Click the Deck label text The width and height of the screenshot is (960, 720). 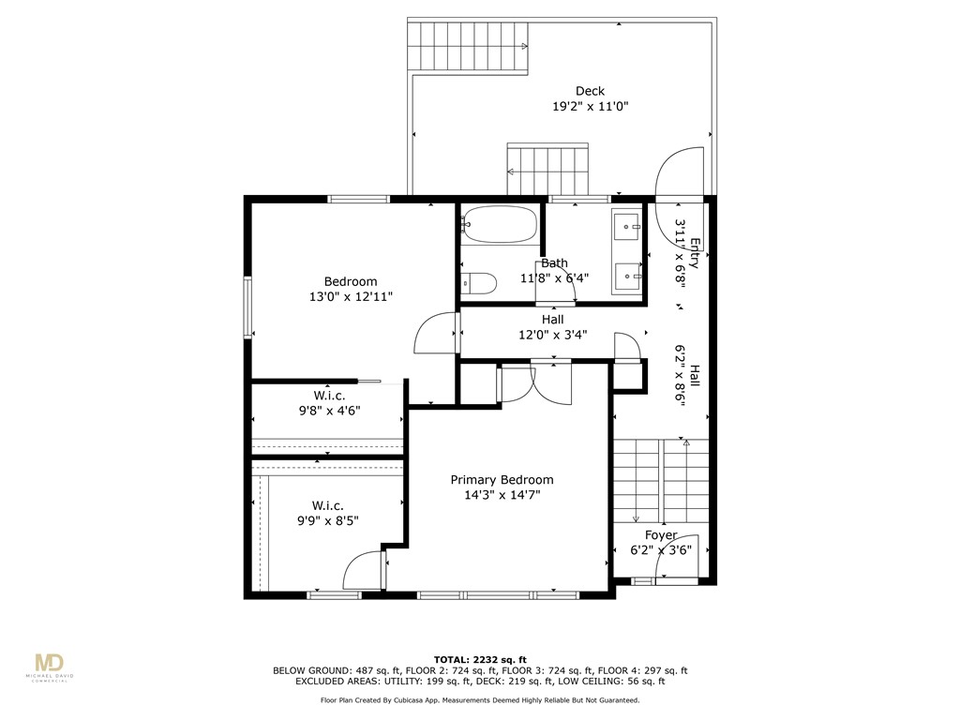590,91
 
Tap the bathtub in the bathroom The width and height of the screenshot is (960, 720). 499,225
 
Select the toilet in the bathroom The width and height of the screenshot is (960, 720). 479,282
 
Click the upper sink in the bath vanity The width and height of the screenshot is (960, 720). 626,226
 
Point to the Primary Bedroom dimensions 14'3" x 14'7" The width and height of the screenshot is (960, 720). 501,495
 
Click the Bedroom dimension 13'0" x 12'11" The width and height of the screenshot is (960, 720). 351,296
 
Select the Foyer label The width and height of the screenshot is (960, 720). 660,535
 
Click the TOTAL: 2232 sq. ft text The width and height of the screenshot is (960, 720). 480,659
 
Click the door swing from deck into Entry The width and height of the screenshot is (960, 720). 680,174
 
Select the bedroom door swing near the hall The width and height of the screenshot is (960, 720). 434,334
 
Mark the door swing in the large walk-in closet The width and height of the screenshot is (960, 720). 364,571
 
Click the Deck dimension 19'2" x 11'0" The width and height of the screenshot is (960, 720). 590,107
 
